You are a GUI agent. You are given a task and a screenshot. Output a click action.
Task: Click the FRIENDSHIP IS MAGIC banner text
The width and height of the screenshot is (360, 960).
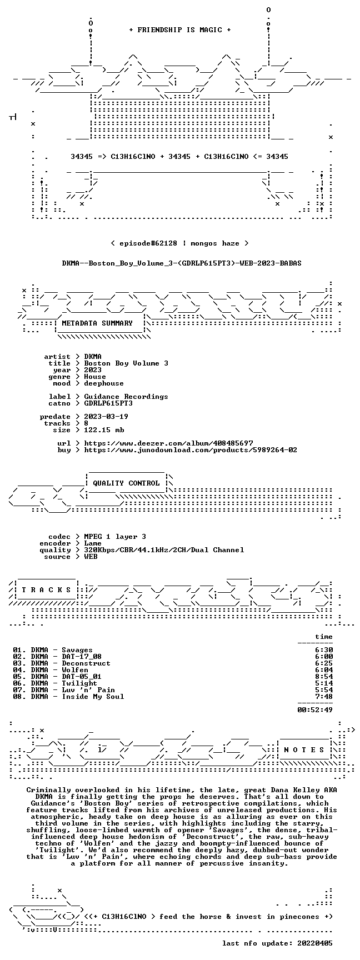click(179, 30)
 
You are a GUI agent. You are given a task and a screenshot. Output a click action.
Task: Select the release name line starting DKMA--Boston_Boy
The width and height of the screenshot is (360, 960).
click(182, 263)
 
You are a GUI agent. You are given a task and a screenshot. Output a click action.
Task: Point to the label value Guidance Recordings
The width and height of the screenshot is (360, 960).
click(126, 397)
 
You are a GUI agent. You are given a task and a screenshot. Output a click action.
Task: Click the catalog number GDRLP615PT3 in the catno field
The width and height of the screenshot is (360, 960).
click(108, 403)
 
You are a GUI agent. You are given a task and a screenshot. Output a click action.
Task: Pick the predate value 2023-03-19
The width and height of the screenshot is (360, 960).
click(106, 417)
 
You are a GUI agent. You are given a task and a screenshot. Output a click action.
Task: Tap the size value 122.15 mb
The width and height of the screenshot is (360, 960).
click(104, 430)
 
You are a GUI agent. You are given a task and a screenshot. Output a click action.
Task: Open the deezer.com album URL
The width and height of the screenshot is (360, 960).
click(168, 443)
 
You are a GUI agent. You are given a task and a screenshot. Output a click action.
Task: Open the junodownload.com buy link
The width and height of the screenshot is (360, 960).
click(191, 450)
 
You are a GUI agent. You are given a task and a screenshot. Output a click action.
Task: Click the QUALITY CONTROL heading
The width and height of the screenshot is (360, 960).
click(126, 483)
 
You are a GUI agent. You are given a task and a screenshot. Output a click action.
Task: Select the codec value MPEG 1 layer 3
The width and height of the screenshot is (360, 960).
click(115, 537)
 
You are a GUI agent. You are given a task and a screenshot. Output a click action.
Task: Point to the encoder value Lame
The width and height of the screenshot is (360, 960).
click(93, 543)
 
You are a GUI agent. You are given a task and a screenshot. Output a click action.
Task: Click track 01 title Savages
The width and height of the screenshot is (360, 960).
click(77, 650)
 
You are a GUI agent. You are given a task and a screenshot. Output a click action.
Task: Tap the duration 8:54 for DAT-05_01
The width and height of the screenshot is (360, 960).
click(324, 677)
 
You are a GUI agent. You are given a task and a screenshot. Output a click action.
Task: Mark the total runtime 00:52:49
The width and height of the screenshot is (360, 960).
click(315, 710)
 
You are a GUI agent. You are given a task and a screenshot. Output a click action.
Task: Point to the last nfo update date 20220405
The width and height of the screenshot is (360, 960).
click(315, 943)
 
